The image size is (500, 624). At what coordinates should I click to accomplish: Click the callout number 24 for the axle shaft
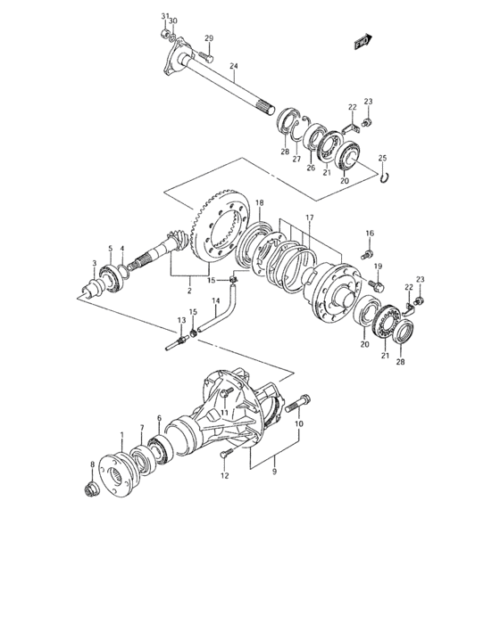coord(234,67)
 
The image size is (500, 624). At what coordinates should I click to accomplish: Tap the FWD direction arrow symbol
coord(362,40)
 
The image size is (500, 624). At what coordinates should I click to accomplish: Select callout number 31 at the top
coord(164,17)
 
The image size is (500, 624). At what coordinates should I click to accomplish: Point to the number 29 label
coord(210,38)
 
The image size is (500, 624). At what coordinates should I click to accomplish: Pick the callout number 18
coord(259,204)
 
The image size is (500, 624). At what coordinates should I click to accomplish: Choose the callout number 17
coord(310,217)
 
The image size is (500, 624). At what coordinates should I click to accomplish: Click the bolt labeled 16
coord(366,254)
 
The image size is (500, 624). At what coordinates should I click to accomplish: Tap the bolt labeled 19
coord(376,286)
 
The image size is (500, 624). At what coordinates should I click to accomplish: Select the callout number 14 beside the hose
coord(215,302)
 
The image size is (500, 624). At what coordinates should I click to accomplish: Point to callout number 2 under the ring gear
coord(188,291)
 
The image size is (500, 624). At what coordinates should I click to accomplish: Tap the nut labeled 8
coord(91,489)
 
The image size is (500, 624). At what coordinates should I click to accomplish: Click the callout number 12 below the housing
coord(225,476)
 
